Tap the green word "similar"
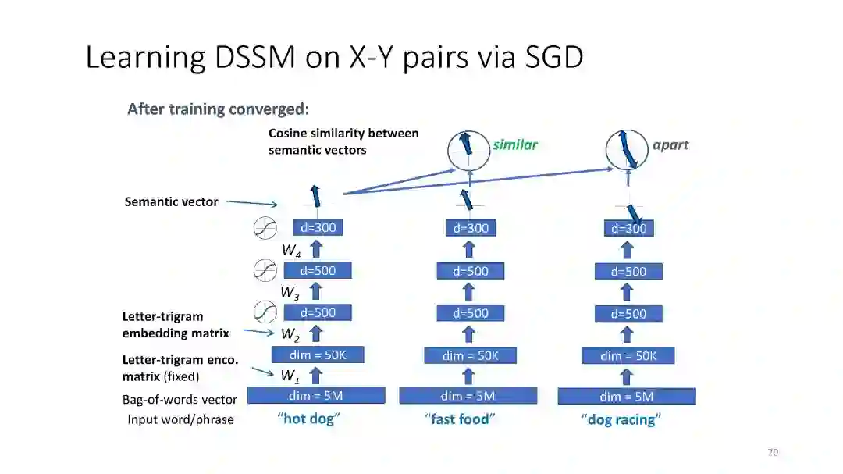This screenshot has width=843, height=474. click(515, 144)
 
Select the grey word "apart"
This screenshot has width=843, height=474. click(670, 144)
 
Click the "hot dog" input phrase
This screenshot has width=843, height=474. click(309, 419)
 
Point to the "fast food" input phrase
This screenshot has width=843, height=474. click(461, 419)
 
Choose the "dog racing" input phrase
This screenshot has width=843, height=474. click(621, 420)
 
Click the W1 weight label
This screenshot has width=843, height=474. click(290, 376)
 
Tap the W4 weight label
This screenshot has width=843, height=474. click(291, 251)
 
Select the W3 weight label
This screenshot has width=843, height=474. click(290, 292)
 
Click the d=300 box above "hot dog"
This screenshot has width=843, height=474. click(318, 228)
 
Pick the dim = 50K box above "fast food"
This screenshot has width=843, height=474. click(470, 355)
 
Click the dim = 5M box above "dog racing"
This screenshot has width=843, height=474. click(626, 397)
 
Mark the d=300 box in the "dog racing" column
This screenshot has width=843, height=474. click(628, 229)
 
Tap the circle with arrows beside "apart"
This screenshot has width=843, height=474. click(628, 150)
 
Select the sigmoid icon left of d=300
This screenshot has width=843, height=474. click(265, 229)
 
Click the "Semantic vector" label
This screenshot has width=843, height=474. click(171, 202)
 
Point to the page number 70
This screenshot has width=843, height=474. click(773, 452)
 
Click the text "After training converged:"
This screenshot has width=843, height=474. click(218, 109)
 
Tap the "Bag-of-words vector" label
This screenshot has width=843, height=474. click(180, 399)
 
